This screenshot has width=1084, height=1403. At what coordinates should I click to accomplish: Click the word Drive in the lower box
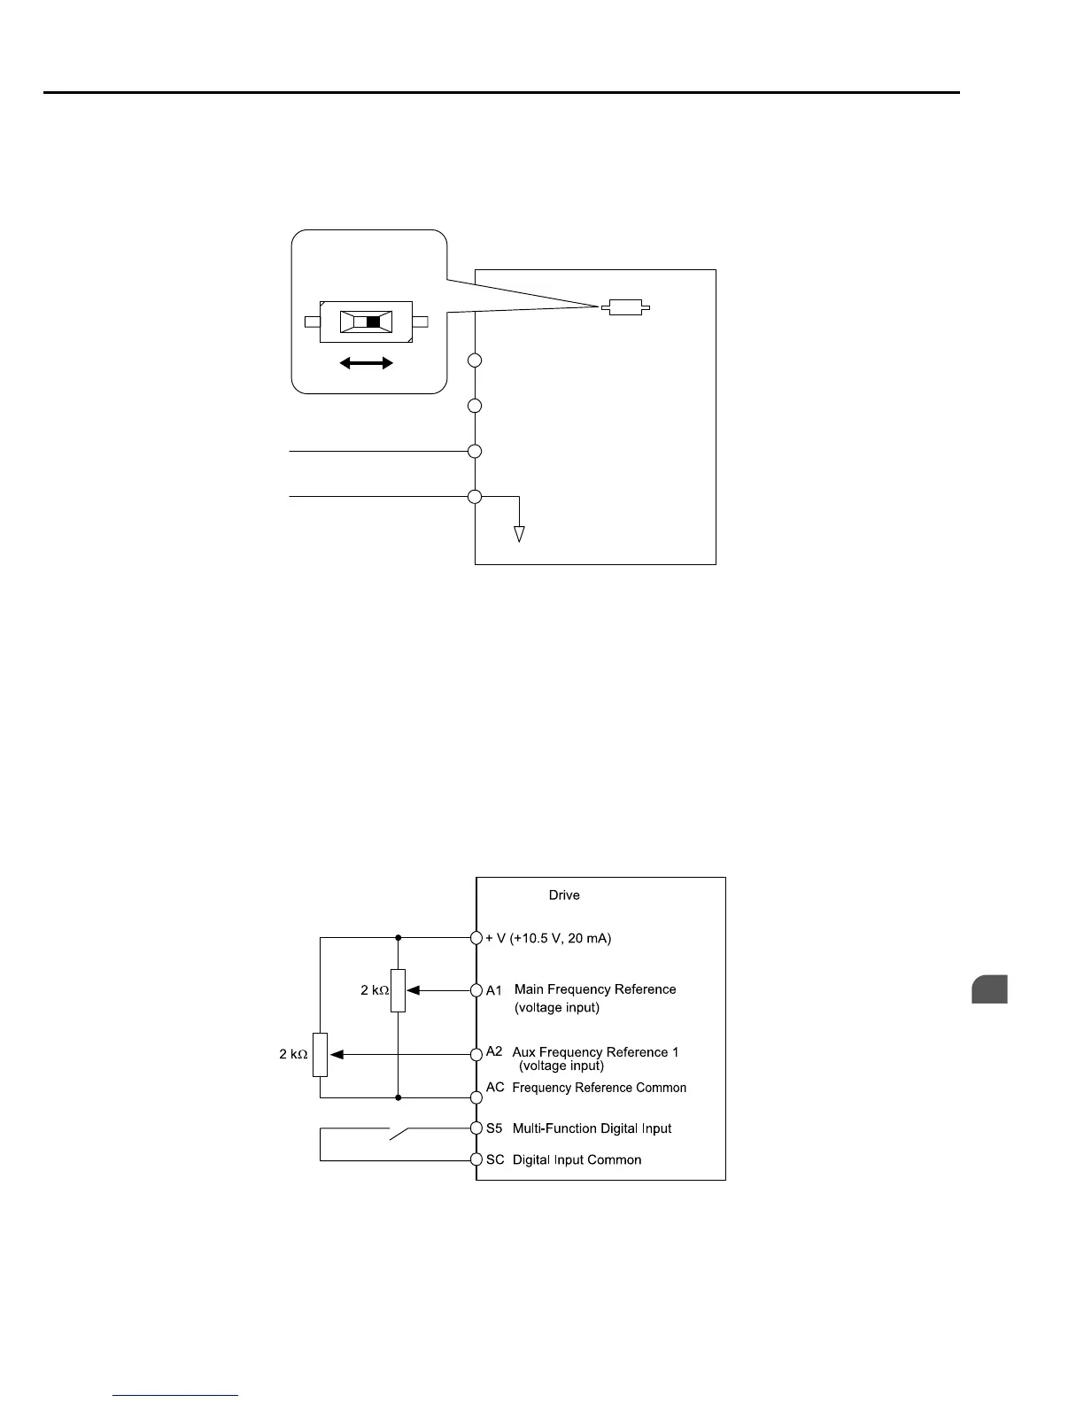[x=564, y=895]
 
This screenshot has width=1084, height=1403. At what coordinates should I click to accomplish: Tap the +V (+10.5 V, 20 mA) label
[x=548, y=938]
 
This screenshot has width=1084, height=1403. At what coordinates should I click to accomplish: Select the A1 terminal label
[x=494, y=990]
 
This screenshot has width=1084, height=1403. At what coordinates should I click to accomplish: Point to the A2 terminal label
[x=494, y=1051]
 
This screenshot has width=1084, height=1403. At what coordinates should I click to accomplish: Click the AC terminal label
[x=495, y=1088]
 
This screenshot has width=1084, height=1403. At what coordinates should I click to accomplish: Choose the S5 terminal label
[x=494, y=1128]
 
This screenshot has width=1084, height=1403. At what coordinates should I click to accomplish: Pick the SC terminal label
[x=495, y=1160]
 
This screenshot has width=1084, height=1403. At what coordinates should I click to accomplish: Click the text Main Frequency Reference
[x=595, y=989]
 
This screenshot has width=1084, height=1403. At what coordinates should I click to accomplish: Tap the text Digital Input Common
[x=577, y=1160]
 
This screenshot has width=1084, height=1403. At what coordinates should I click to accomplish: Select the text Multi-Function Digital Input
[x=592, y=1128]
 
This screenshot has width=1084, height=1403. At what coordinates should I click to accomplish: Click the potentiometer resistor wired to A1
[x=398, y=990]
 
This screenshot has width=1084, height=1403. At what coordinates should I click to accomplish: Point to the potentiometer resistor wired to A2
[x=321, y=1054]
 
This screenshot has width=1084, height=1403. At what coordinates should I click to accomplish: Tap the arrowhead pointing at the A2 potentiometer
[x=337, y=1054]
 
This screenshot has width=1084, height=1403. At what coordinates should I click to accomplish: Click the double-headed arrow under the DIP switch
[x=366, y=362]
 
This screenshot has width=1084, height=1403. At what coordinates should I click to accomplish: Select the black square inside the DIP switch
[x=373, y=322]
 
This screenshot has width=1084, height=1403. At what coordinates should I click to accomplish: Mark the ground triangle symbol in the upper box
[x=520, y=533]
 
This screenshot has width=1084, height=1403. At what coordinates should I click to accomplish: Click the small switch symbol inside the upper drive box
[x=625, y=308]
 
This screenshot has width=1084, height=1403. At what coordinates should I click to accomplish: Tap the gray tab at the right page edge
[x=989, y=988]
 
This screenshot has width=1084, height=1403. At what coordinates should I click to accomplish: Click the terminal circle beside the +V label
[x=476, y=937]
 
